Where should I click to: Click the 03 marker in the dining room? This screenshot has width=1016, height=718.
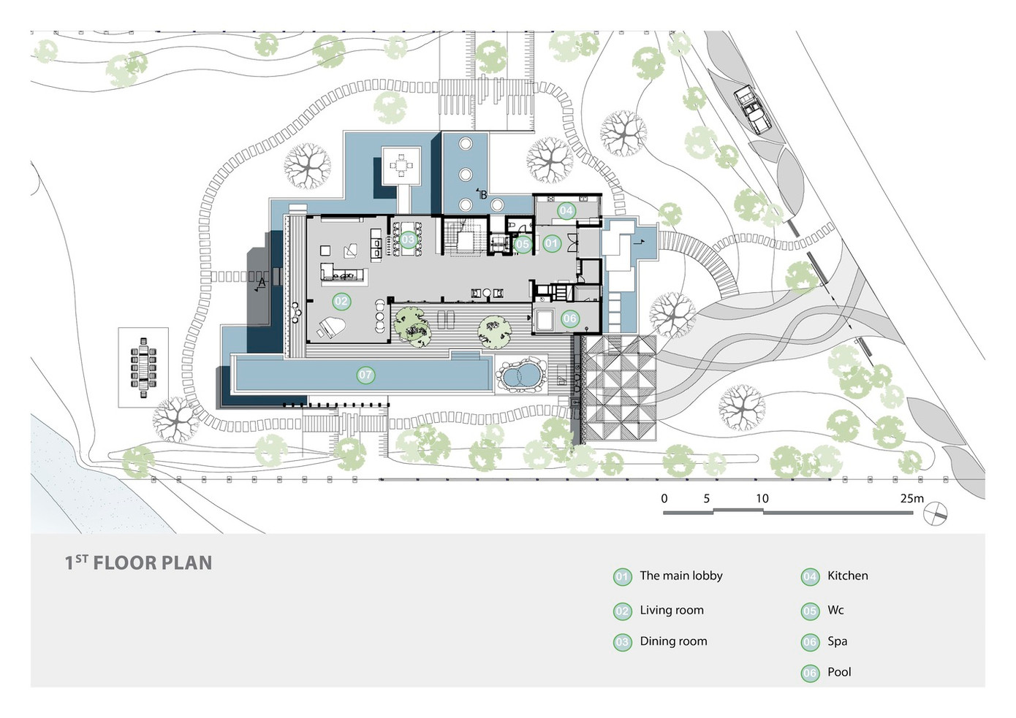pyautogui.click(x=408, y=240)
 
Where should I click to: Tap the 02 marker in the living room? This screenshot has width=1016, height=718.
pyautogui.click(x=341, y=302)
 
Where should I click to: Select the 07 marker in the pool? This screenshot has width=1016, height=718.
pyautogui.click(x=365, y=375)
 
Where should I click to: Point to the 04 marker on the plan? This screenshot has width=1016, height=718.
pyautogui.click(x=566, y=211)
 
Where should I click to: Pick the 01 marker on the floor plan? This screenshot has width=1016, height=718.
pyautogui.click(x=551, y=243)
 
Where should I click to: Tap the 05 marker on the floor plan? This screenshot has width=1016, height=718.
pyautogui.click(x=522, y=244)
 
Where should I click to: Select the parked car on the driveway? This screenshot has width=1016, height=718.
pyautogui.click(x=752, y=110)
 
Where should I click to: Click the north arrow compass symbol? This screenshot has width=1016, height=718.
pyautogui.click(x=936, y=514)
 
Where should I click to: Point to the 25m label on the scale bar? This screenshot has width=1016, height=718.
pyautogui.click(x=911, y=499)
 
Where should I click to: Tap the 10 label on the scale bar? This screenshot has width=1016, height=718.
pyautogui.click(x=762, y=499)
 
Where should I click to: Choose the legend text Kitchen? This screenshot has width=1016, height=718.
pyautogui.click(x=847, y=576)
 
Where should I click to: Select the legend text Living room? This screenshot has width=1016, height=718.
pyautogui.click(x=672, y=610)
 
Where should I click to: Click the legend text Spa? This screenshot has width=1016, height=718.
pyautogui.click(x=838, y=642)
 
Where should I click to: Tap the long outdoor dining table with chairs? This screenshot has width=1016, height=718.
pyautogui.click(x=143, y=367)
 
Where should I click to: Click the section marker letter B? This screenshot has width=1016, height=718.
pyautogui.click(x=483, y=195)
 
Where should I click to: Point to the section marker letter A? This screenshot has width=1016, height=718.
pyautogui.click(x=262, y=283)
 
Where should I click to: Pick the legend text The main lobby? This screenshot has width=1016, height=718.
pyautogui.click(x=681, y=576)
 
